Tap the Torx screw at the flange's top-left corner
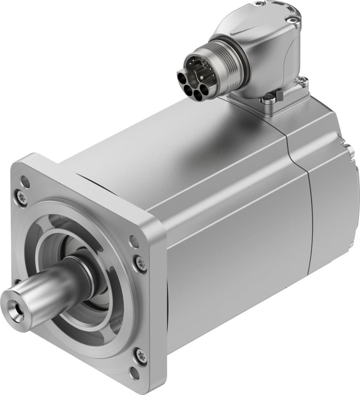22,198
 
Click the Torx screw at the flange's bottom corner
141,355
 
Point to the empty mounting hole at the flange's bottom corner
135,373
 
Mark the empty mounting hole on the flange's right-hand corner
134,242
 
